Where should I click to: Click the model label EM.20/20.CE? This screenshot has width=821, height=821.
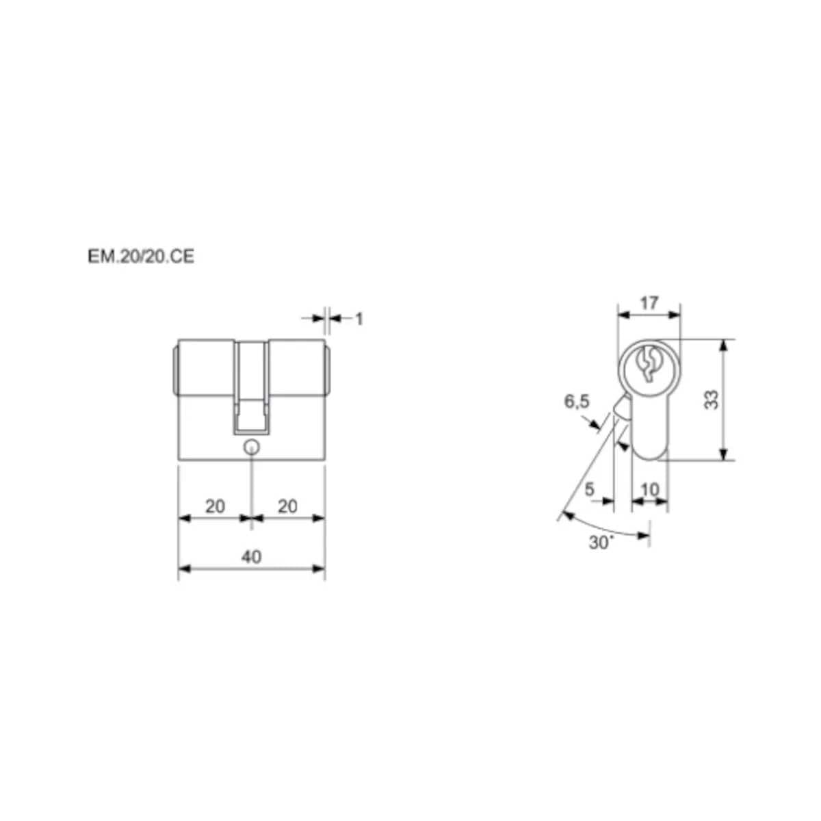pyautogui.click(x=141, y=257)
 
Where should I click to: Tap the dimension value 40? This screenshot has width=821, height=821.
pyautogui.click(x=251, y=557)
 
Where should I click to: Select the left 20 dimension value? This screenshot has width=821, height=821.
pyautogui.click(x=215, y=506)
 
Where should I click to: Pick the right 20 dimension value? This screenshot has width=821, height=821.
pyautogui.click(x=287, y=506)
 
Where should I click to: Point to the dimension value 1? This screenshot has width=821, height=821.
pyautogui.click(x=360, y=319)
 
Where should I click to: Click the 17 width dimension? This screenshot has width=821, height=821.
pyautogui.click(x=649, y=303)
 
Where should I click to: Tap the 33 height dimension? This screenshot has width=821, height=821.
pyautogui.click(x=712, y=400)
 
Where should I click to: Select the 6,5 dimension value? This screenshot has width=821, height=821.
pyautogui.click(x=577, y=402)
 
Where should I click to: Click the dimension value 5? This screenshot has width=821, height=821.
pyautogui.click(x=589, y=489)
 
